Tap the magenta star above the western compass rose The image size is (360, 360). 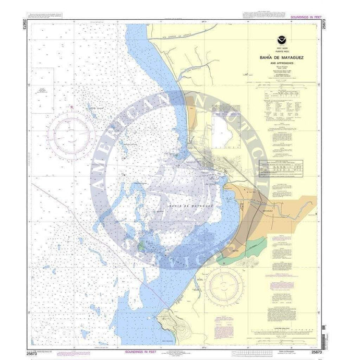(x=71, y=107)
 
